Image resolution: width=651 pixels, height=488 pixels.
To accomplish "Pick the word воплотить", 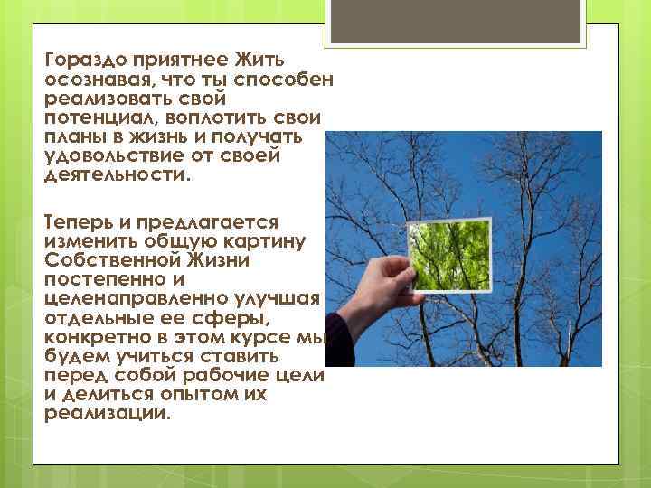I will tap(212, 117).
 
